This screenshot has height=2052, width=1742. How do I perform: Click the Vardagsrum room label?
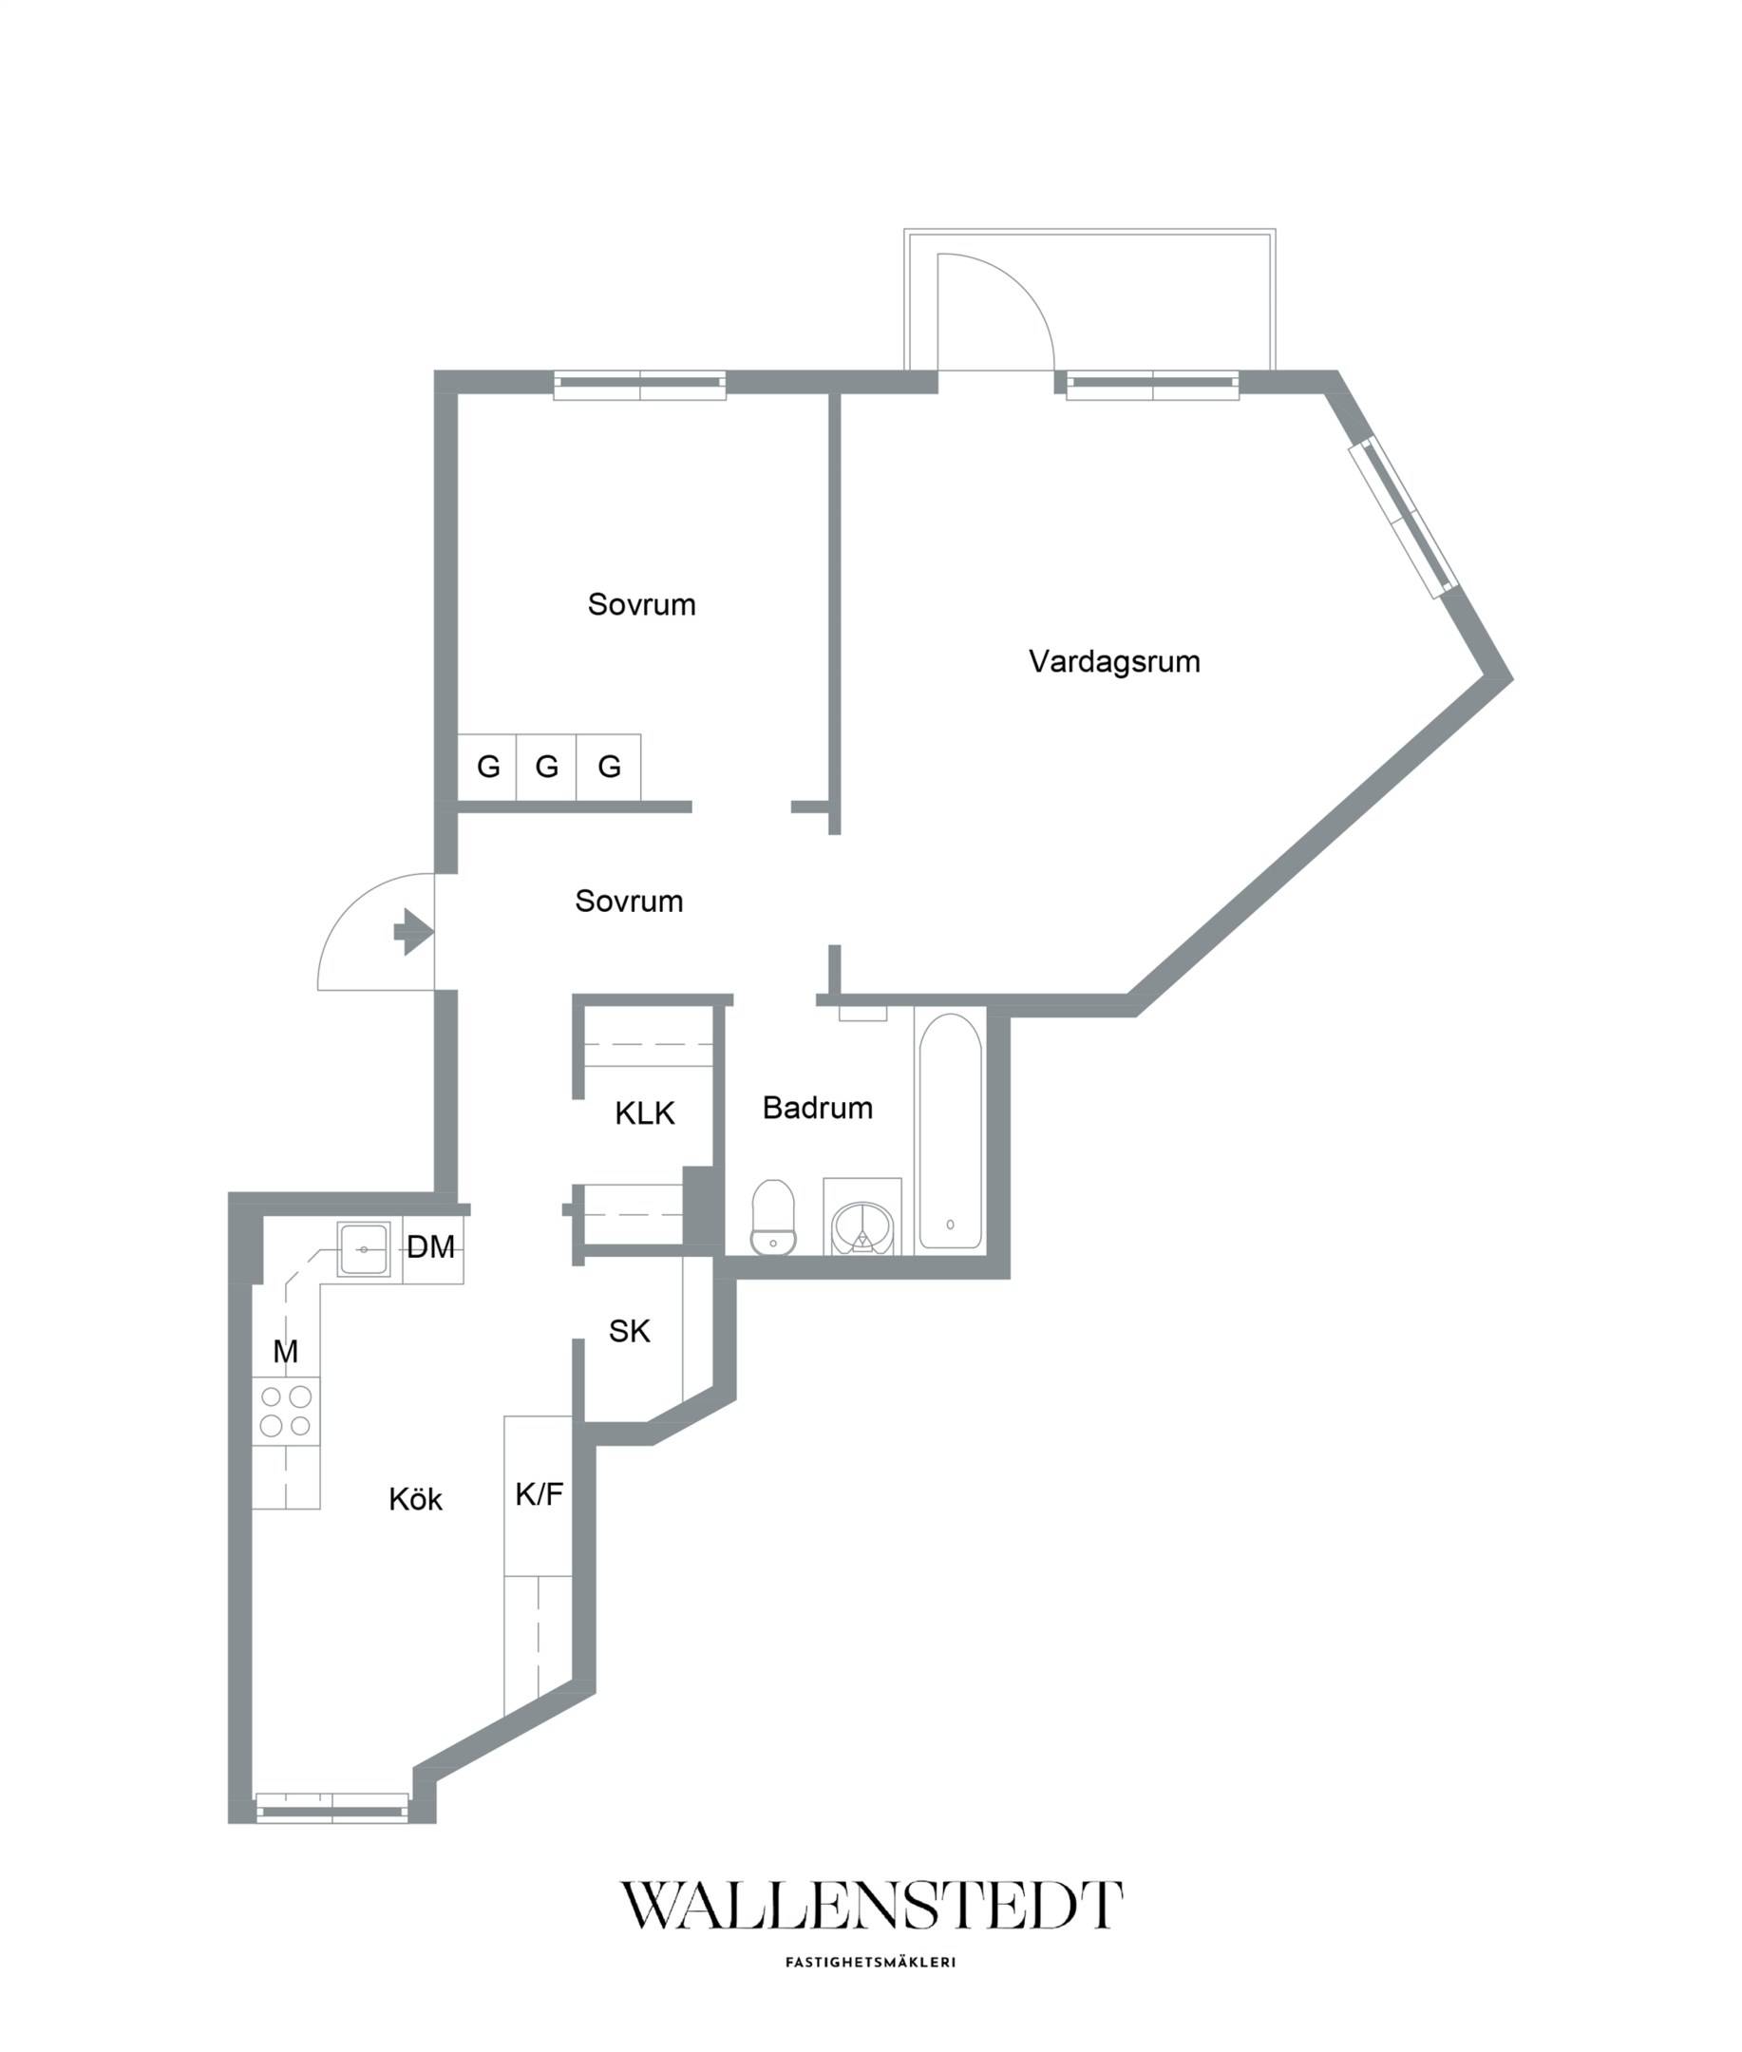point(1114,661)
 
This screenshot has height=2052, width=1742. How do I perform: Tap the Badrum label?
point(818,1108)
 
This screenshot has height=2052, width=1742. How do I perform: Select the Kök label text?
point(415,1499)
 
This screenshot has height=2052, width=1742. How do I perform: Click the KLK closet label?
point(644,1114)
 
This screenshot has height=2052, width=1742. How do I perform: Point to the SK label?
point(629,1332)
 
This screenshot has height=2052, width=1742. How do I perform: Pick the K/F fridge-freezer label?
point(540,1495)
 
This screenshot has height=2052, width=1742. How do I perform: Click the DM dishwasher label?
point(431,1247)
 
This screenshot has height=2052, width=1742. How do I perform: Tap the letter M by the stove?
point(285,1352)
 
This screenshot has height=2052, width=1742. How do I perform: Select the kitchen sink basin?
point(364,1249)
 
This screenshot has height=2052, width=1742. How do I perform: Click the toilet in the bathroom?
point(773,1218)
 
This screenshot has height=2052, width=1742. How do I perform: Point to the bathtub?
point(950,1131)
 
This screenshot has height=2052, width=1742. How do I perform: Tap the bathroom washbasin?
point(863,1225)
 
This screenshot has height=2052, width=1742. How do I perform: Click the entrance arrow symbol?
point(414,931)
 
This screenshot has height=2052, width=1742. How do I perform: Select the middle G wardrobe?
point(547,768)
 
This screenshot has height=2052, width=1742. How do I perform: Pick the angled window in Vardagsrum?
point(1404,516)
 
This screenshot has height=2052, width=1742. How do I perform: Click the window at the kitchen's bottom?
point(331,1808)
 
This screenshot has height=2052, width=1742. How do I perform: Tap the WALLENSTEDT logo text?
point(871,1905)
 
